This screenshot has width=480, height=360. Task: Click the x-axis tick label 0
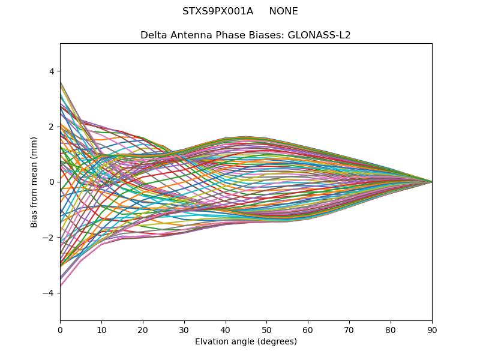60,330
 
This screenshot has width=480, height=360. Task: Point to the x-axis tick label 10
101,330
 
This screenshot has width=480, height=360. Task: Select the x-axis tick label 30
184,330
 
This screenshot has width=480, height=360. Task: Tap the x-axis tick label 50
267,330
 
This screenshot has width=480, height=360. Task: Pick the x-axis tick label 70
349,330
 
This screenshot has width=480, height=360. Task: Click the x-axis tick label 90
432,330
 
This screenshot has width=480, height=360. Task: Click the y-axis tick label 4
51,71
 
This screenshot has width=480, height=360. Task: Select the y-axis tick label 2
51,127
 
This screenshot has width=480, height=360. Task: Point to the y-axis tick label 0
51,182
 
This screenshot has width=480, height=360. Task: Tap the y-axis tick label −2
49,238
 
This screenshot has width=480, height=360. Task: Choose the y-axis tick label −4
49,293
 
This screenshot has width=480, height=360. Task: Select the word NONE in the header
283,11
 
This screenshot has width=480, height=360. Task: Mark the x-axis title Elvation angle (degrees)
246,342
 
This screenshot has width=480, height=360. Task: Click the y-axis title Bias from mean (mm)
35,182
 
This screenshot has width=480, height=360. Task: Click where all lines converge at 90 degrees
431,182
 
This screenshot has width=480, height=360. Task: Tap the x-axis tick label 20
143,330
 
